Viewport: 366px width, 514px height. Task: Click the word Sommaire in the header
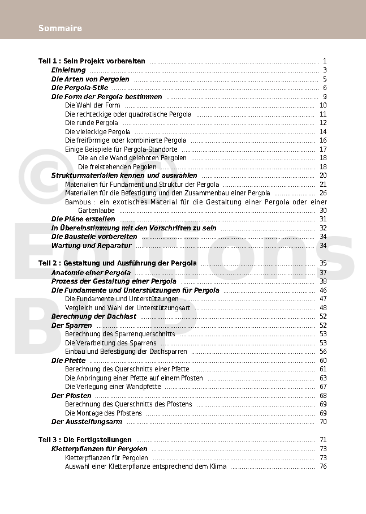(x=60, y=28)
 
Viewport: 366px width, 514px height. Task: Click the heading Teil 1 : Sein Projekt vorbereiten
(x=92, y=61)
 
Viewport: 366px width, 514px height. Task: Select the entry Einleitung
(x=68, y=70)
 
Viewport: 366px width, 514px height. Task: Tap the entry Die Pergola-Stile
(x=79, y=88)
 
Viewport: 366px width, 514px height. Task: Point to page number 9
(x=325, y=97)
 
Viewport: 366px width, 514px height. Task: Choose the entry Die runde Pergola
(x=92, y=123)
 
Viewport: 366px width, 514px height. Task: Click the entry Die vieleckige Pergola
(x=98, y=132)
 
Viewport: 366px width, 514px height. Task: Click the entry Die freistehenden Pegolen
(x=117, y=167)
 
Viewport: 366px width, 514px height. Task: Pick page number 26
(x=323, y=193)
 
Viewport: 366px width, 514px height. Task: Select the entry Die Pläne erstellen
(x=83, y=219)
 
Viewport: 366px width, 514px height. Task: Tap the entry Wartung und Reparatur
(x=91, y=246)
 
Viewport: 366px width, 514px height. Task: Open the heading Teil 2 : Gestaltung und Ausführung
(x=118, y=263)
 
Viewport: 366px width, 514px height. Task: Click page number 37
(x=323, y=273)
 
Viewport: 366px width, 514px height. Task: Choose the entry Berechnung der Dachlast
(x=94, y=316)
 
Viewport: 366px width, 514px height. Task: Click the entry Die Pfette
(x=68, y=360)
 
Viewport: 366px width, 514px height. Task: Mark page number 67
(x=323, y=387)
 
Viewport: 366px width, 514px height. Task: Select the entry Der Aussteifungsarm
(x=87, y=422)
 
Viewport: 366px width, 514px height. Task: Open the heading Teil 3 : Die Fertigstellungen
(x=85, y=440)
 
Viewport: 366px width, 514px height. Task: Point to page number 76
(x=323, y=466)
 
